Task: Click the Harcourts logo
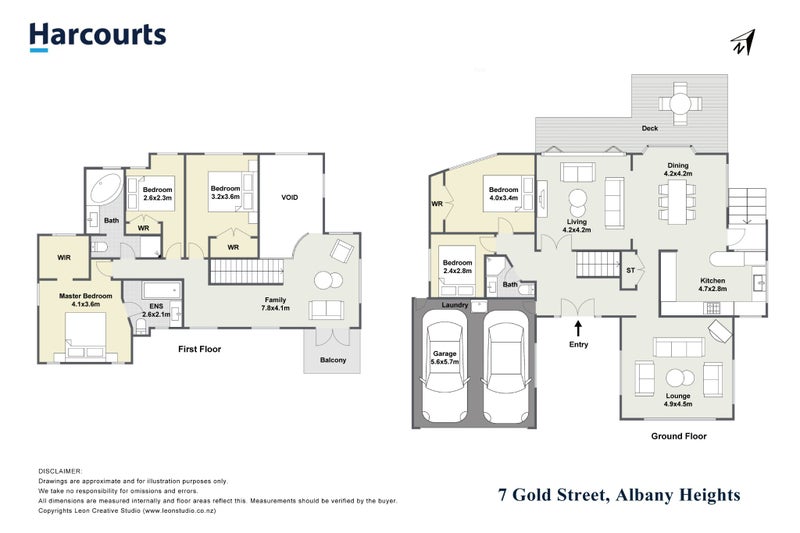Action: (97, 36)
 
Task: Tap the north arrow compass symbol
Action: (741, 42)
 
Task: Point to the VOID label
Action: (290, 198)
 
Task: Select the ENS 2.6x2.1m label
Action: (157, 310)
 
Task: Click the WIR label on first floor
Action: (63, 257)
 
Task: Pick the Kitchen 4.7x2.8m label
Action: (713, 286)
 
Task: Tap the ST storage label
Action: (630, 270)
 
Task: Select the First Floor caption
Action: (199, 349)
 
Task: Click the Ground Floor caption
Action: (678, 436)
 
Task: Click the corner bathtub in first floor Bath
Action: (105, 189)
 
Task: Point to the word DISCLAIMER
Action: (61, 470)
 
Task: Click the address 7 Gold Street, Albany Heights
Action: (619, 495)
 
